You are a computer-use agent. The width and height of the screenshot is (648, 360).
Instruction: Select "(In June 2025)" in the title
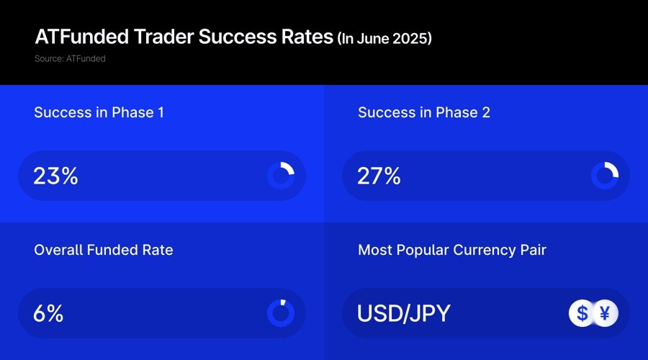click(384, 37)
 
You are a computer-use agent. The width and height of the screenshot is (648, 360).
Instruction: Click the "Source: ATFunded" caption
click(70, 58)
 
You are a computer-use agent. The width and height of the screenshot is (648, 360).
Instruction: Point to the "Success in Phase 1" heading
click(99, 112)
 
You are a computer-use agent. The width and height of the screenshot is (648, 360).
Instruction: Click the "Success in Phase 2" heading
click(423, 112)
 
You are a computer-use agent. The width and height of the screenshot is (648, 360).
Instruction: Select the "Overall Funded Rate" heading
click(104, 250)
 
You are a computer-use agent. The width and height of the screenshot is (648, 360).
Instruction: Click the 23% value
click(55, 176)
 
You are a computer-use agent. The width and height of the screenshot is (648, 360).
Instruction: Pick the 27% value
click(379, 176)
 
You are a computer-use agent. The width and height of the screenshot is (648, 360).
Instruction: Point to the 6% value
click(48, 313)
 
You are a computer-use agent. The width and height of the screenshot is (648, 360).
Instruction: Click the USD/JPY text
click(404, 313)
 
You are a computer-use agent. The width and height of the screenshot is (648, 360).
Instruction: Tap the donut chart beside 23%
click(281, 176)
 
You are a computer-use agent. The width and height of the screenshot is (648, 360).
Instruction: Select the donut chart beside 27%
click(605, 176)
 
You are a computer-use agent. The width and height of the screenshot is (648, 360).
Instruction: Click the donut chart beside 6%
click(281, 313)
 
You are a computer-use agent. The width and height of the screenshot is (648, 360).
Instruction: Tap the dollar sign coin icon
click(582, 313)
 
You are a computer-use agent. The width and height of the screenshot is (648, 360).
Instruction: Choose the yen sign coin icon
click(605, 313)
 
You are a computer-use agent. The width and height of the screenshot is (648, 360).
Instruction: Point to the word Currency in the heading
click(482, 250)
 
